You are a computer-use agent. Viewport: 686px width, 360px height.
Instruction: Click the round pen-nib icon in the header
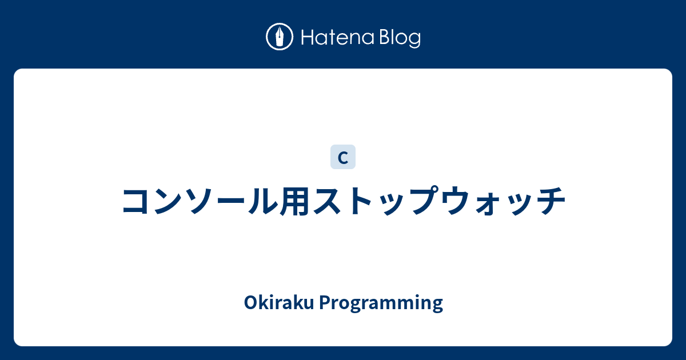point(280,37)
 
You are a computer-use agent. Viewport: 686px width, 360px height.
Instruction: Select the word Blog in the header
point(399,38)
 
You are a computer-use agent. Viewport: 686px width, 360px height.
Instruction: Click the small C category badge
point(343,158)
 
